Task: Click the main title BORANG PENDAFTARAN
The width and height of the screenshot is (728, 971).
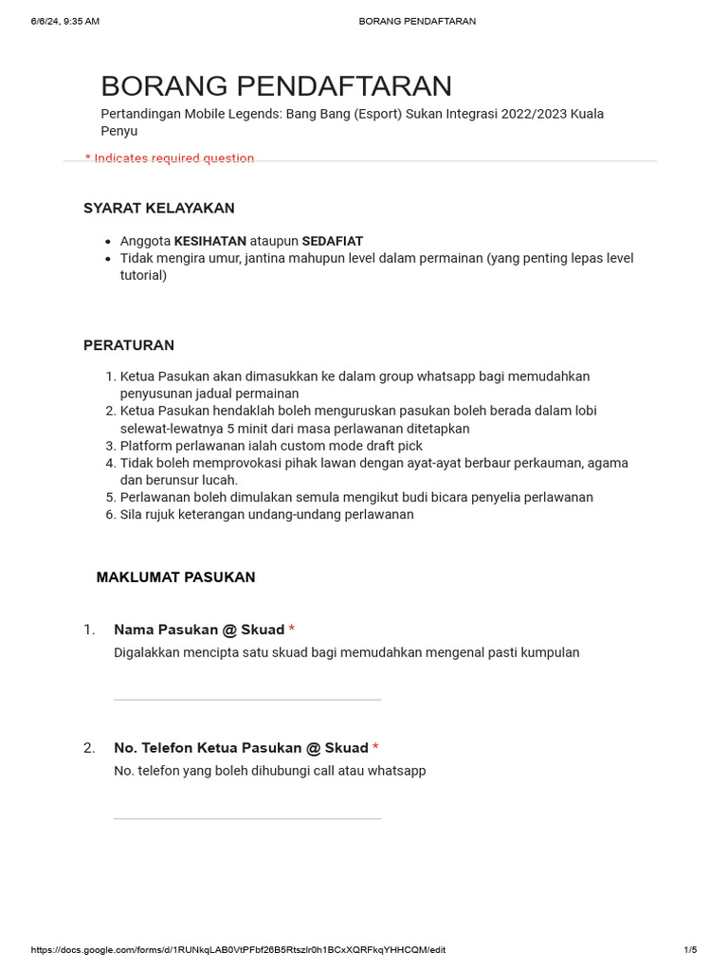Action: pos(276,86)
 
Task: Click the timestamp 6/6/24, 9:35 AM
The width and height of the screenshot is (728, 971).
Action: pos(64,21)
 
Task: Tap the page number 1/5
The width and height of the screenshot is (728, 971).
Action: pos(690,950)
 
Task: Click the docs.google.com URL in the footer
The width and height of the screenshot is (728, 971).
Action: pos(238,950)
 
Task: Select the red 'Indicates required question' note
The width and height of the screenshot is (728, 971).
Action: pos(170,158)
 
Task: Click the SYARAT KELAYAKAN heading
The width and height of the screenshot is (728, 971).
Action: pos(158,208)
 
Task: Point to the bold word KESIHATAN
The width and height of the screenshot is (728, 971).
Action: pos(209,241)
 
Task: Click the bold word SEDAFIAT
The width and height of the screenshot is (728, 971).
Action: pos(332,241)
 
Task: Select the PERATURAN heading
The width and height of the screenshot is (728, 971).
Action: pos(128,345)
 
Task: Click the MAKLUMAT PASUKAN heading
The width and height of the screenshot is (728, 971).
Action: pos(175,577)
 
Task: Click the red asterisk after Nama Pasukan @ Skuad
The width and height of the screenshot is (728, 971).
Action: pos(292,630)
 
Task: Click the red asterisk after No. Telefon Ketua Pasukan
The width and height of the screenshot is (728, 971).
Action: pos(375,748)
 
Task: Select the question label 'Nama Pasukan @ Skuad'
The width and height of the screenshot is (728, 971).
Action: pos(199,630)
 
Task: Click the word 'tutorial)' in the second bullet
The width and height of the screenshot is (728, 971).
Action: pos(143,276)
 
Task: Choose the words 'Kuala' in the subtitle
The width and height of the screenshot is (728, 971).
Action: pos(584,114)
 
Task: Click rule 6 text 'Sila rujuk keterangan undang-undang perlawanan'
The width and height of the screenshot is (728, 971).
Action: pos(266,515)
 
